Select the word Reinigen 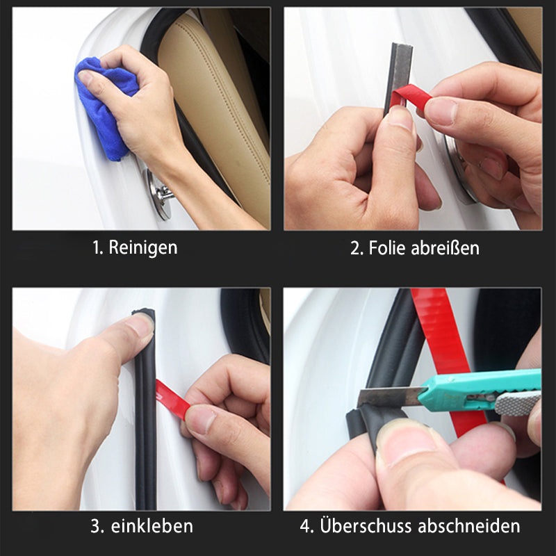click(x=142, y=247)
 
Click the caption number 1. click(x=97, y=247)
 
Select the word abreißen click(x=445, y=247)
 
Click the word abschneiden click(x=468, y=526)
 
